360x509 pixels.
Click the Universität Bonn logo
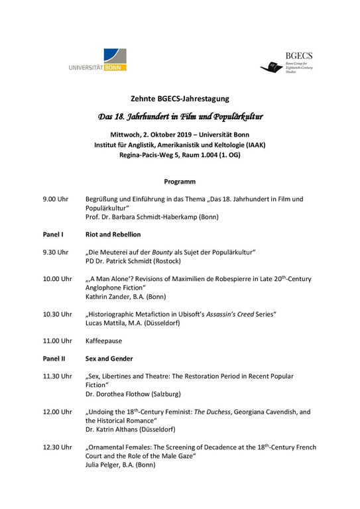[x=97, y=60]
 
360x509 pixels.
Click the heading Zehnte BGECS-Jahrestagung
[x=180, y=99]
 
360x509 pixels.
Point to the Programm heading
[x=180, y=181]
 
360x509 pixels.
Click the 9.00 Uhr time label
[x=56, y=199]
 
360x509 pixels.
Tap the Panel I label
[x=53, y=235]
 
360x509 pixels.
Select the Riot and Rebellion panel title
[x=113, y=235]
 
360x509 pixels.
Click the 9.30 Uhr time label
[x=56, y=253]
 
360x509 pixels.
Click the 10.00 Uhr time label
[x=58, y=279]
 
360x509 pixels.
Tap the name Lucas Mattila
[x=109, y=323]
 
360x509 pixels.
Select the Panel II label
[x=54, y=359]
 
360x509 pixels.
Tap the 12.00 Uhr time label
[x=58, y=412]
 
